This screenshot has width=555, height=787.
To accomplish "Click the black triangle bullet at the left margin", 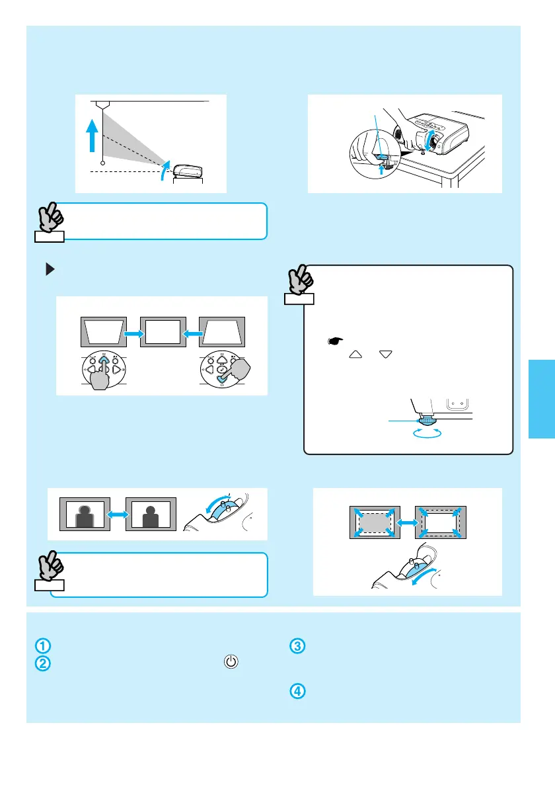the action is pos(48,269).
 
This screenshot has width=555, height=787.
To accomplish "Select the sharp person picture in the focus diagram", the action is pos(151,513).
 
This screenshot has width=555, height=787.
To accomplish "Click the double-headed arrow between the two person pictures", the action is pos(117,513).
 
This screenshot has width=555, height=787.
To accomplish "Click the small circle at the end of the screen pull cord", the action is pos(102,163).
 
